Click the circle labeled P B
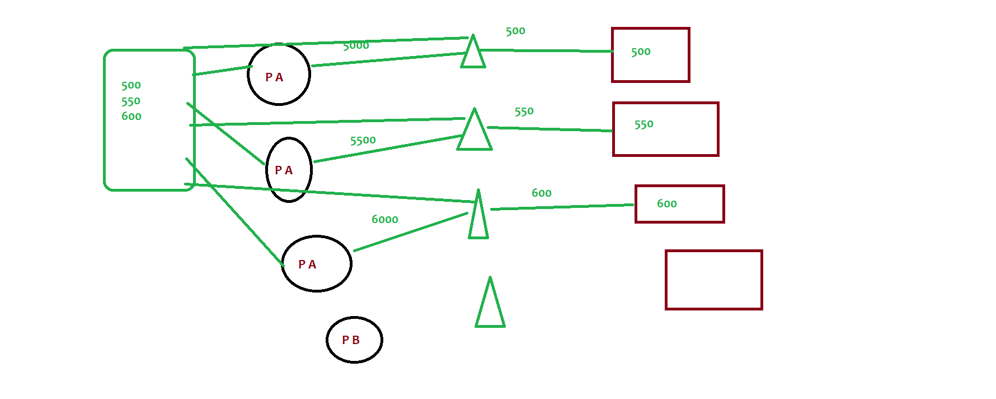(x=354, y=340)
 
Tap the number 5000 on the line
(x=356, y=45)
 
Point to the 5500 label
(x=363, y=140)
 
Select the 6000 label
(x=385, y=219)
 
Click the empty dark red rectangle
(x=714, y=280)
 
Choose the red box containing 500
(x=651, y=55)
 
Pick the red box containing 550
(x=666, y=129)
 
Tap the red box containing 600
(x=680, y=204)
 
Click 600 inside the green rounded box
(x=131, y=116)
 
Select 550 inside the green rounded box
(x=131, y=101)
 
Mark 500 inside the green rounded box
(x=131, y=85)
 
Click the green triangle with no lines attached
(x=490, y=302)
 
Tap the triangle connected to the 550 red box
(x=474, y=129)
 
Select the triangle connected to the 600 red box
(x=478, y=214)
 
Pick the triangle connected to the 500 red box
(x=473, y=51)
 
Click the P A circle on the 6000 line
(x=317, y=263)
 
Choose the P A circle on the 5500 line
(x=289, y=169)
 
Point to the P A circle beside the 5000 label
(x=279, y=74)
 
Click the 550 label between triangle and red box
(x=524, y=112)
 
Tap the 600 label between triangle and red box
(x=542, y=193)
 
